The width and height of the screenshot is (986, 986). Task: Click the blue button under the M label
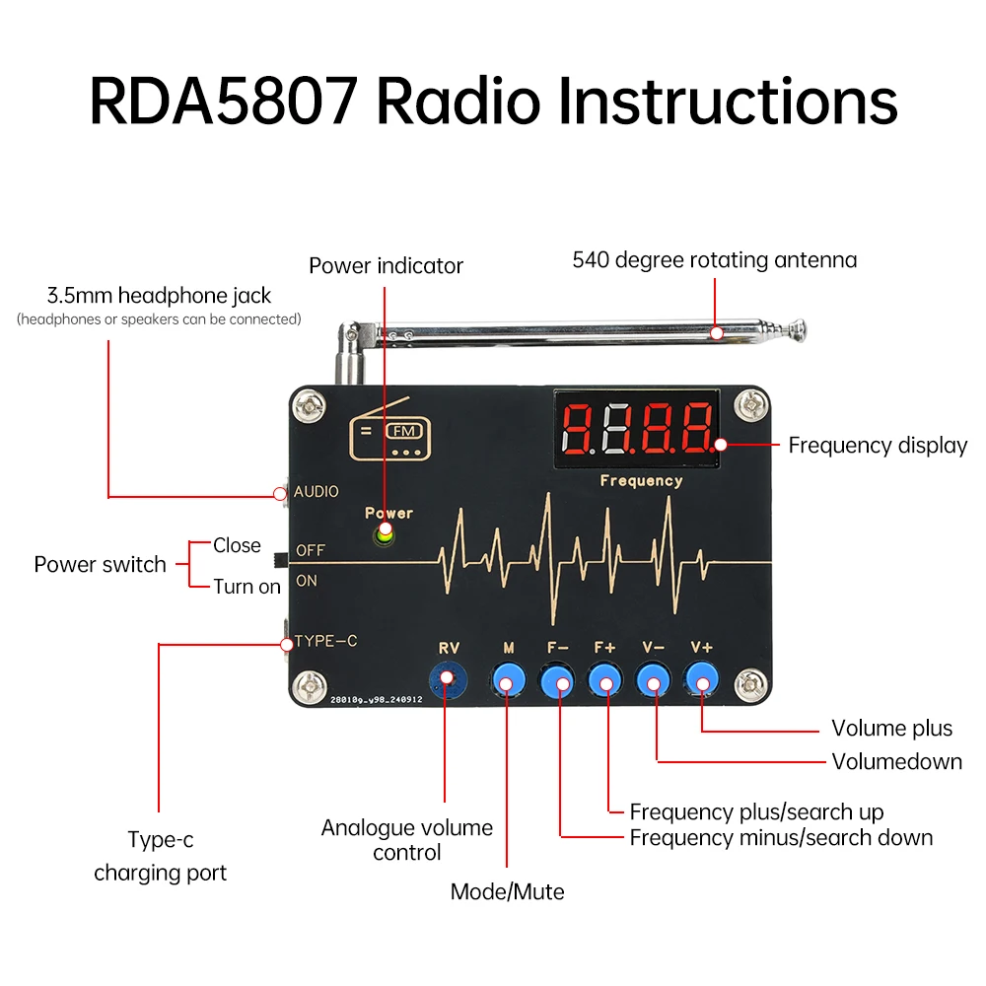tap(508, 678)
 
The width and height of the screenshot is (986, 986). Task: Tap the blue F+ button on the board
tap(603, 678)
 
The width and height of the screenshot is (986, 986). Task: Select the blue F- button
tap(557, 678)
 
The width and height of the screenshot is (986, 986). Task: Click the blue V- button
tap(653, 678)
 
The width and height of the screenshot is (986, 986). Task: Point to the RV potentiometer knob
tap(447, 678)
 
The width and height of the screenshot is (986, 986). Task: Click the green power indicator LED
tap(384, 534)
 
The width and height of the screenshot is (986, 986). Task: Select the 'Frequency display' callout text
tap(878, 446)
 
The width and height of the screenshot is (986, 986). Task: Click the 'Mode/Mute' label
tap(507, 892)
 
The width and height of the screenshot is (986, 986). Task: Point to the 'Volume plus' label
tap(891, 729)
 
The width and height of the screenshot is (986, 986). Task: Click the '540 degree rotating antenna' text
tap(715, 260)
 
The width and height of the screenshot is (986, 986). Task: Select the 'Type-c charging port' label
tap(160, 857)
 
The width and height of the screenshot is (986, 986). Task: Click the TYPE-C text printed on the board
tap(326, 642)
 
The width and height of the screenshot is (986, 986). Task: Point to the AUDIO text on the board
tap(316, 491)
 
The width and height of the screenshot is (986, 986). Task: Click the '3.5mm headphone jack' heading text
tap(159, 295)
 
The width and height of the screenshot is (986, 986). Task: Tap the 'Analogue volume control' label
tap(406, 839)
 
